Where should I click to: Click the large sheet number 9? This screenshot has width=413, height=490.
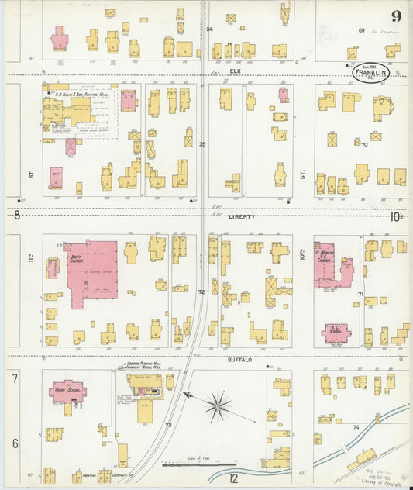[396, 16]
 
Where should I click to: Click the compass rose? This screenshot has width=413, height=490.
[219, 403]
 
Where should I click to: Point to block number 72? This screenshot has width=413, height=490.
[200, 292]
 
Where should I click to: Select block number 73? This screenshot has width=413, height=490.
[167, 425]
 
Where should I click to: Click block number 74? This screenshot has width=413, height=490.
[356, 426]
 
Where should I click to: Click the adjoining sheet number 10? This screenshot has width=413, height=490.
[395, 217]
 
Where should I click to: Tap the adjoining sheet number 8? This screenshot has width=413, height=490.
[17, 217]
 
